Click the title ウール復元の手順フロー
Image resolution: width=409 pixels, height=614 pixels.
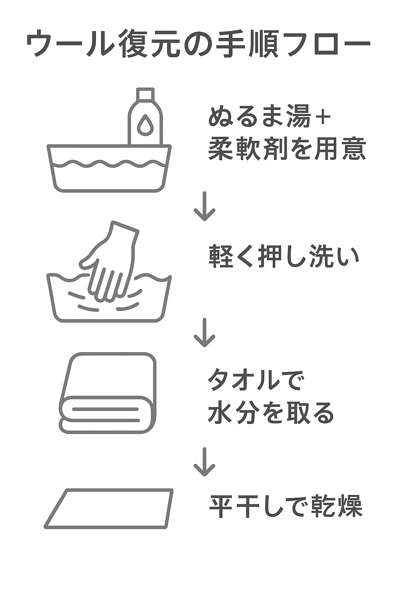(198, 44)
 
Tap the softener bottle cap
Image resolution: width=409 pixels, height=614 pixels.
(145, 94)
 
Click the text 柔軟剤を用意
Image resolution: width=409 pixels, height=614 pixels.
(287, 150)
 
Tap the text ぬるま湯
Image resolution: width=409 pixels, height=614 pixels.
(259, 117)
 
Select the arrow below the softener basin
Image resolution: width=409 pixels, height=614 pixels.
(204, 206)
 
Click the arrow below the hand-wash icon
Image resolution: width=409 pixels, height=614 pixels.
(204, 333)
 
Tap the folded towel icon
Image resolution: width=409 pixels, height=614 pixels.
(108, 393)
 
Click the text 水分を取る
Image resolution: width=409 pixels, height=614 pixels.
(271, 413)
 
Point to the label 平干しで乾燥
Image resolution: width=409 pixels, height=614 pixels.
(286, 506)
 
